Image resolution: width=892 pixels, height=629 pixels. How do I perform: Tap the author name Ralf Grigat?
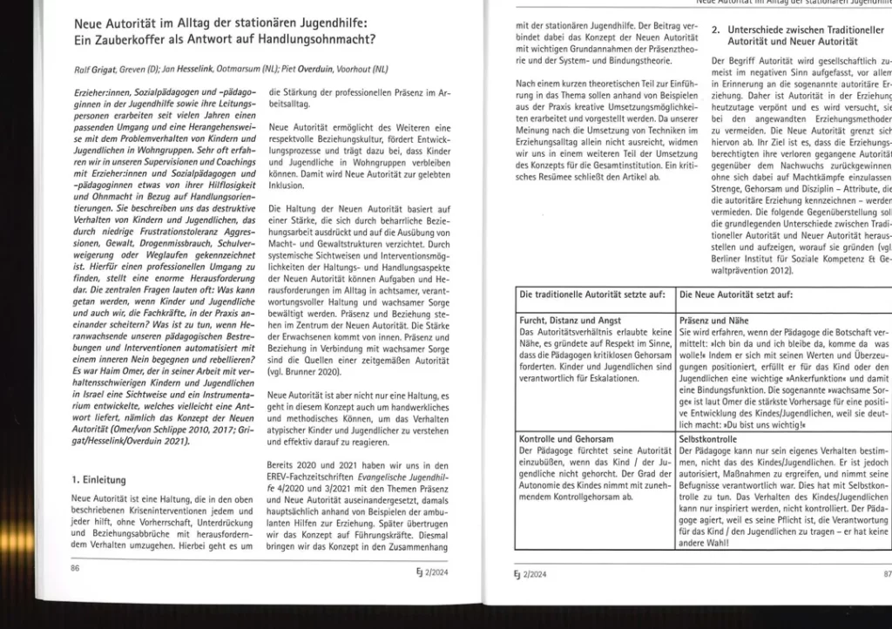95,69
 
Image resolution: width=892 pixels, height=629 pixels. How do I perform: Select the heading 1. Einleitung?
100,479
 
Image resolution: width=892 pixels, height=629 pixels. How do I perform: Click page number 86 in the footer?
75,567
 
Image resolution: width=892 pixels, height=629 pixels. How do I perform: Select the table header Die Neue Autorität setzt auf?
736,295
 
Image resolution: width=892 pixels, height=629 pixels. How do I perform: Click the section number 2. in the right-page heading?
715,30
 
